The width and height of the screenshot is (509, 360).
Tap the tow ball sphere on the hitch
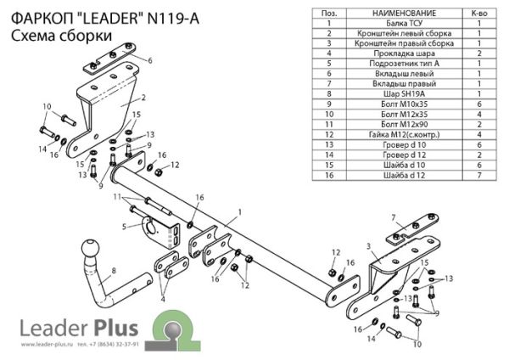(90, 252)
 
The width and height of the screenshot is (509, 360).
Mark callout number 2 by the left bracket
(144, 98)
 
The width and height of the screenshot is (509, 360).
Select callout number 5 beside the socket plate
(124, 227)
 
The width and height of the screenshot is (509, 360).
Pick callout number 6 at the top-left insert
(149, 61)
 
